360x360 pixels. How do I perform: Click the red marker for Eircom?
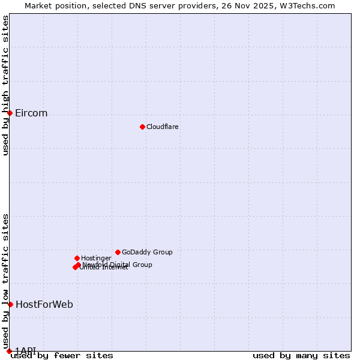[x=10, y=113]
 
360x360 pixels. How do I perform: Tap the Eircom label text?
[x=31, y=113]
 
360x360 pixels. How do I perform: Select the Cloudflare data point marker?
[x=142, y=127]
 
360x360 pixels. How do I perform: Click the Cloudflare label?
[x=163, y=127]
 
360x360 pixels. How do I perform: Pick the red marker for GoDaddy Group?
[x=118, y=252]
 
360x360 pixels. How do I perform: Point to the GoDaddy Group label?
[x=147, y=253]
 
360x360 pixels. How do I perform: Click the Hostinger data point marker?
[x=77, y=258]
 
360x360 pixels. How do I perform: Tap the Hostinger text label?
[x=97, y=259]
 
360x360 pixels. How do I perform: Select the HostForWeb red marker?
[x=10, y=304]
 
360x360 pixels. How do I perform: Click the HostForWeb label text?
[x=44, y=305]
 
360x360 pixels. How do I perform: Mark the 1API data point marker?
[x=9, y=351]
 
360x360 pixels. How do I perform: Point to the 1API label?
[x=26, y=351]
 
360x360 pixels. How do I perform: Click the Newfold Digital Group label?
[x=118, y=265]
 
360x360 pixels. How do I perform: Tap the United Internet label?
[x=104, y=268]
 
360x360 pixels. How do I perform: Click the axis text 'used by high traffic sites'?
[x=5, y=85]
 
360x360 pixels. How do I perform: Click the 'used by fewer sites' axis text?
[x=62, y=356]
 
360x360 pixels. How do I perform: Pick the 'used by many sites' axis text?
[x=301, y=356]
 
